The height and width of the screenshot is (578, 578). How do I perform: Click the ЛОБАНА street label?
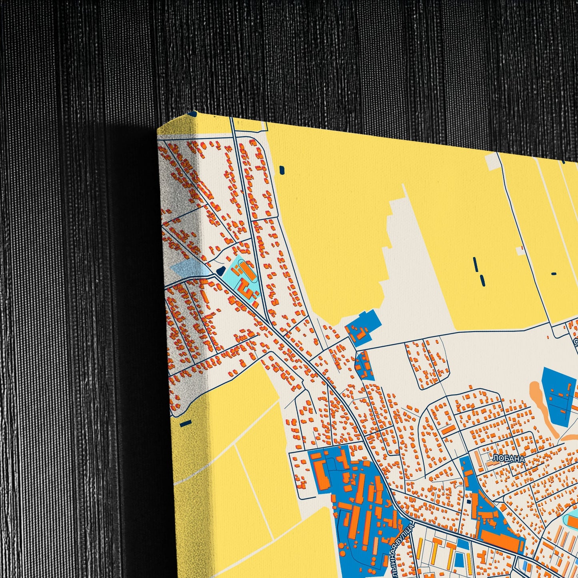(x=508, y=459)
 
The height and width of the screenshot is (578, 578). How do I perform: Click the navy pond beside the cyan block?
(x=220, y=271)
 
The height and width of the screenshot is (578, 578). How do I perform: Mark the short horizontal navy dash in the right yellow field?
(x=554, y=274)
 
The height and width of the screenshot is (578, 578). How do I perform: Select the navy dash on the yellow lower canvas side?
(x=186, y=423)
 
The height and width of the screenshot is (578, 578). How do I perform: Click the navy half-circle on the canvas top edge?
(x=193, y=114)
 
